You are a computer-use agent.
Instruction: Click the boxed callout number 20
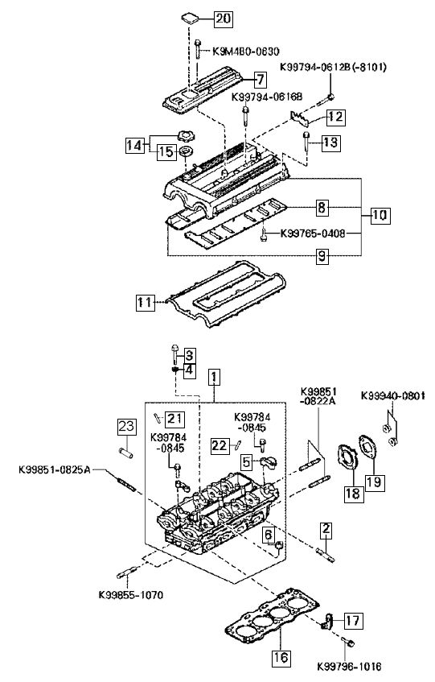224,19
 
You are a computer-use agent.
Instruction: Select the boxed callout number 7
259,80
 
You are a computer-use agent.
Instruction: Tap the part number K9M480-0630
246,52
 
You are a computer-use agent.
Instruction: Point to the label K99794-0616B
268,96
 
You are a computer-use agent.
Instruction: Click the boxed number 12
335,117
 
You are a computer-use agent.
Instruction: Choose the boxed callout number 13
330,143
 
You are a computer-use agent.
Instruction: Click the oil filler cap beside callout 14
186,137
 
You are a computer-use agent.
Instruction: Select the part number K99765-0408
313,234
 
